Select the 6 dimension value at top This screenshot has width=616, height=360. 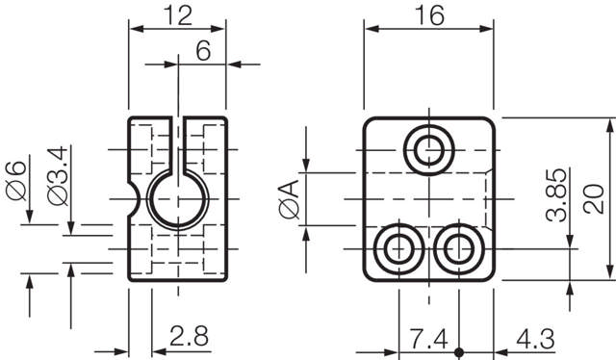[203, 52]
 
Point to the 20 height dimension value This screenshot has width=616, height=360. [597, 199]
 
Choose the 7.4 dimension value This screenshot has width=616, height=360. [427, 339]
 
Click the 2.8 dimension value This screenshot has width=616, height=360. [189, 337]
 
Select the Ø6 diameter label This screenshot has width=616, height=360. [15, 180]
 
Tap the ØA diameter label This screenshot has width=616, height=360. [288, 200]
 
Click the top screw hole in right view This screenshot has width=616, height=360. [429, 149]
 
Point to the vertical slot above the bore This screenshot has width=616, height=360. [178, 144]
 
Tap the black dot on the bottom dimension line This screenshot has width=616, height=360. [460, 350]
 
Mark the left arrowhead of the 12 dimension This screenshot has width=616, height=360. [135, 28]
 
